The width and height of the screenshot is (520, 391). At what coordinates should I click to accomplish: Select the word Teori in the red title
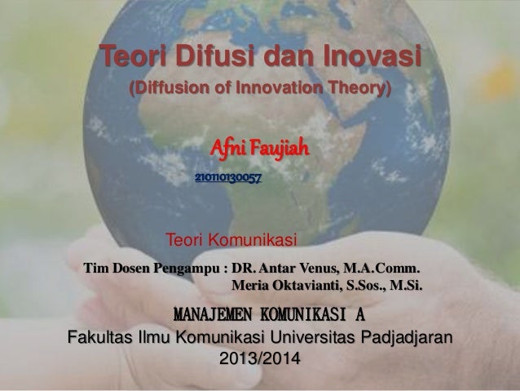(128, 59)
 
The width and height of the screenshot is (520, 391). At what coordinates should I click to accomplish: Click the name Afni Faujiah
(260, 150)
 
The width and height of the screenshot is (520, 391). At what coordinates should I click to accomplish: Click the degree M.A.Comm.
(383, 268)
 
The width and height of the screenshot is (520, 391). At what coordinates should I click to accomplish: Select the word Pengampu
(186, 268)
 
